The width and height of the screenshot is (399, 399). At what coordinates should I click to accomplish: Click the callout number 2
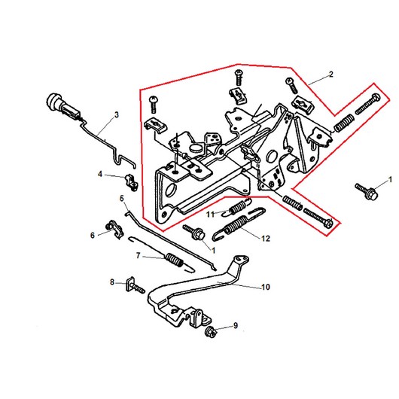[330, 75]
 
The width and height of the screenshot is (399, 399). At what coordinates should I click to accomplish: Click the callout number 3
[117, 114]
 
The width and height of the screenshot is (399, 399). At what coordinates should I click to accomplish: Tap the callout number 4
[100, 174]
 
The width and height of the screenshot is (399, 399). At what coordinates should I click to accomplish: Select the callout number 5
[122, 198]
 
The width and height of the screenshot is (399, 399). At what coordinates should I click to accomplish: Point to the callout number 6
[93, 236]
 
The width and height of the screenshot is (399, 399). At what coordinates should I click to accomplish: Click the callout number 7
[139, 255]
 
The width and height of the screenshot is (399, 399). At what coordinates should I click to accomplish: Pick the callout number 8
[112, 282]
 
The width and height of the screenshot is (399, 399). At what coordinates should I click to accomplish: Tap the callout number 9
[236, 325]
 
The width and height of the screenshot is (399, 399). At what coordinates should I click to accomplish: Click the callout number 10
[266, 287]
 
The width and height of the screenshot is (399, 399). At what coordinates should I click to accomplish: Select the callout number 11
[210, 215]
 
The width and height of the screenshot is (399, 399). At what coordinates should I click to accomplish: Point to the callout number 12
[266, 239]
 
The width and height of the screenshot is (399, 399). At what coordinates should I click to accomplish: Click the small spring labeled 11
[236, 207]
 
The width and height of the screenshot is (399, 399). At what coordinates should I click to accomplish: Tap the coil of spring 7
[175, 260]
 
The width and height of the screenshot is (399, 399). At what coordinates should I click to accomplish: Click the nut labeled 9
[211, 332]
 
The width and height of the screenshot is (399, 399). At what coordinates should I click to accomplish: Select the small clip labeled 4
[131, 182]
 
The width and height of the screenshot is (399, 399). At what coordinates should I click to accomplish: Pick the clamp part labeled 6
[114, 229]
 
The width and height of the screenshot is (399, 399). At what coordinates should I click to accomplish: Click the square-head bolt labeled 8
[135, 285]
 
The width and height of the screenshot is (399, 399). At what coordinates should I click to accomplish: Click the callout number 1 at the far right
[391, 180]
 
